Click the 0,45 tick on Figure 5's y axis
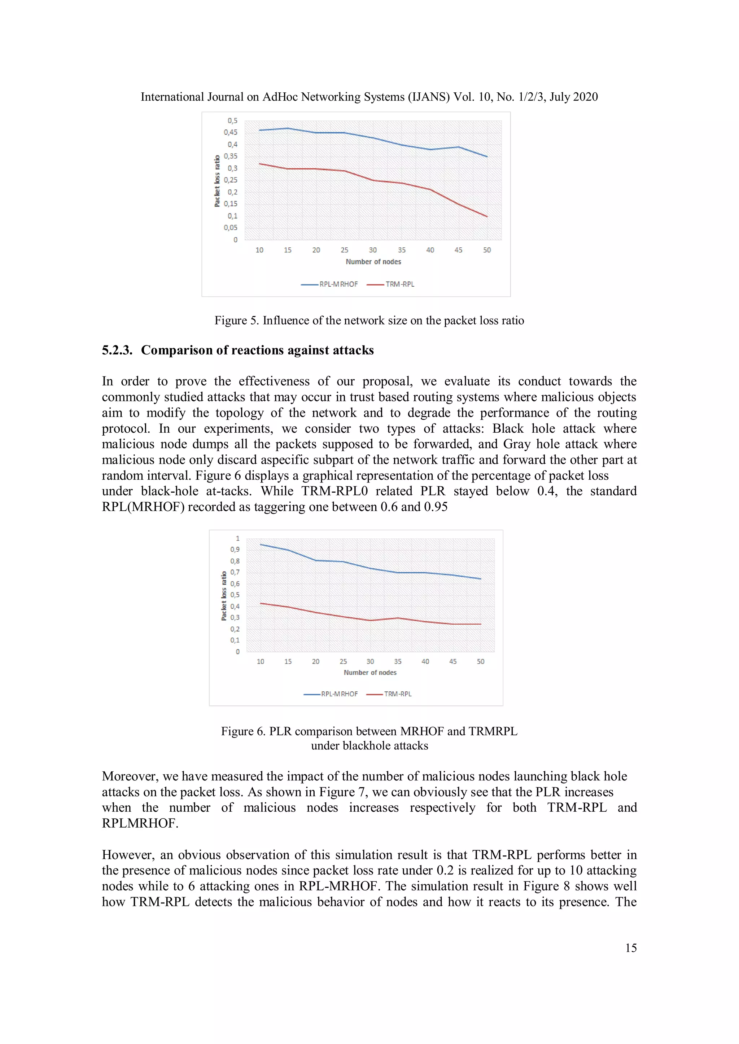coord(230,132)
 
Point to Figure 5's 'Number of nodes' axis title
coord(373,262)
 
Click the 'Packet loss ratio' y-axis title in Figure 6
coord(223,596)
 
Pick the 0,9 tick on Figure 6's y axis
coord(235,549)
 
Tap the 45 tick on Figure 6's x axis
coord(453,662)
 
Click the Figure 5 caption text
coord(369,321)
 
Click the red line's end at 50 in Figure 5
coord(487,216)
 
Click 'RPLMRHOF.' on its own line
coord(140,823)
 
